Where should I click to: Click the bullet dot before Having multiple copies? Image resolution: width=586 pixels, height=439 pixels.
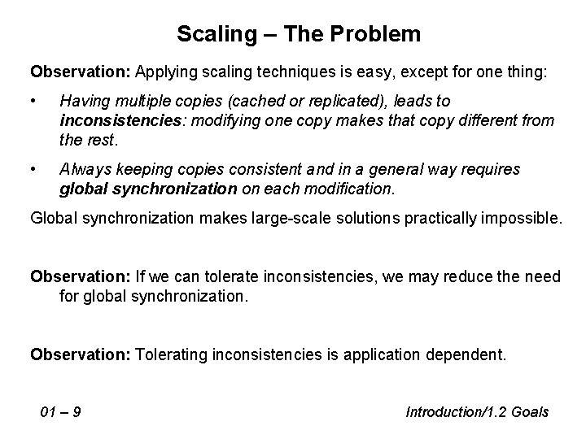pyautogui.click(x=34, y=100)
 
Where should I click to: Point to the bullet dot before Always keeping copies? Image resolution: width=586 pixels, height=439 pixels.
pyautogui.click(x=34, y=169)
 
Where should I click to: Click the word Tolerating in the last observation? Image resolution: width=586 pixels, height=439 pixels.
pyautogui.click(x=173, y=354)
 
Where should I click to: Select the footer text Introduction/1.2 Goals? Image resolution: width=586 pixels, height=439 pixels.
pyautogui.click(x=477, y=412)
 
